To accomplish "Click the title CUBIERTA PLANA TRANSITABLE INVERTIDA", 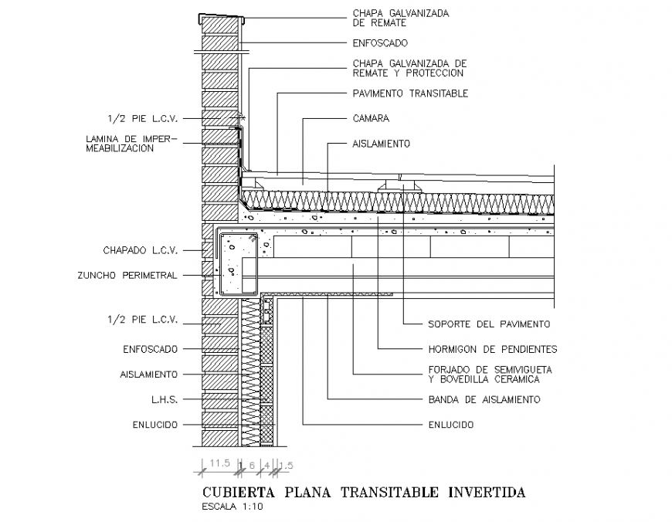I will tap(363, 492).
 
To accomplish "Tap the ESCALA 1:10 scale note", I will tap(232, 507).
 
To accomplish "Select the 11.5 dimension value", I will tap(221, 463).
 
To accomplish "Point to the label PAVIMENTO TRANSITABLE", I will tap(410, 93).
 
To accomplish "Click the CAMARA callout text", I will tap(371, 119).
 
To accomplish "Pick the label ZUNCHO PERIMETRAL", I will tap(138, 275).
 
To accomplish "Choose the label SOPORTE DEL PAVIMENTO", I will tap(489, 324).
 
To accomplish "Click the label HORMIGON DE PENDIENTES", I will tap(493, 349).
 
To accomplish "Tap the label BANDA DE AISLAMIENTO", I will tap(484, 399).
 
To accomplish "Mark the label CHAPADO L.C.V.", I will tap(141, 250).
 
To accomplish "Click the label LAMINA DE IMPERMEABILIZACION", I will tap(132, 144).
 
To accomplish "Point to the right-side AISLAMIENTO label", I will tap(382, 144).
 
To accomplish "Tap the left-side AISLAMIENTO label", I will tap(150, 374).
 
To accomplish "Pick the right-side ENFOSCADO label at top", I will tap(380, 43).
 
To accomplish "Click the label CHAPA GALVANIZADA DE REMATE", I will tap(400, 18).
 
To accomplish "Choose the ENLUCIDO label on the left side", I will tap(154, 425).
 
